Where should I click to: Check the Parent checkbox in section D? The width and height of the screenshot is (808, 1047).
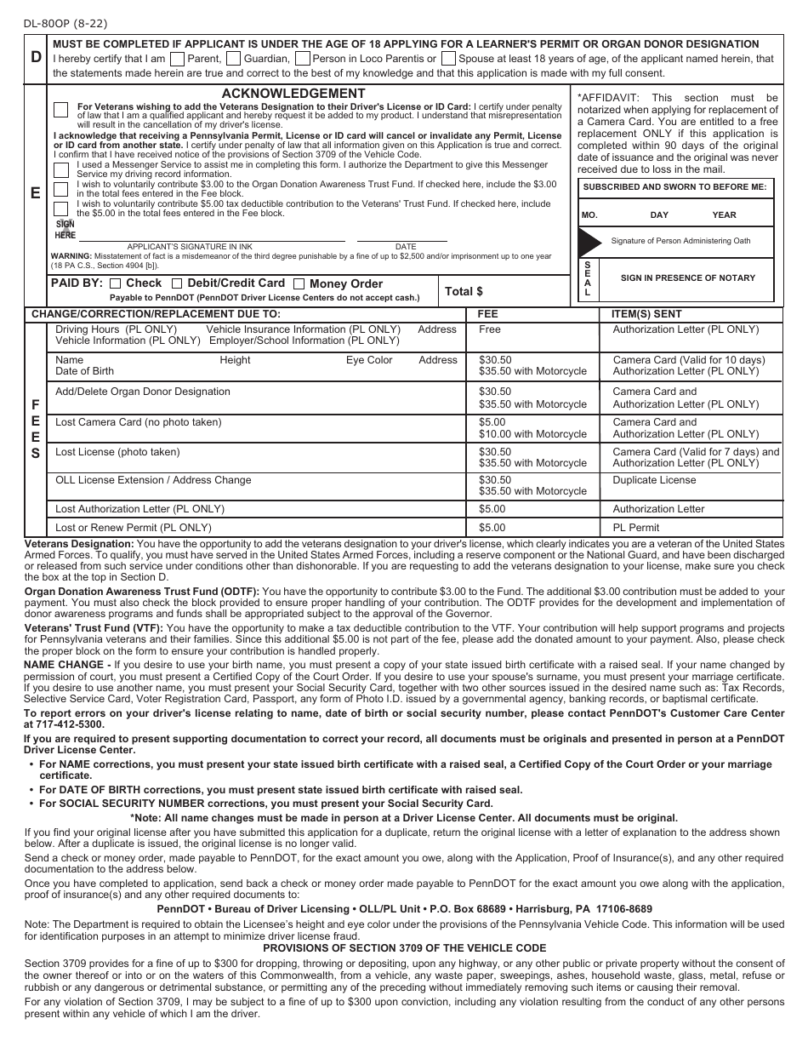coord(178,60)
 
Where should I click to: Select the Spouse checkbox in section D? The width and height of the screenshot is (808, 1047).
coord(447,60)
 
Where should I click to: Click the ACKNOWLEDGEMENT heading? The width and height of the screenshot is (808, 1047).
coord(293,94)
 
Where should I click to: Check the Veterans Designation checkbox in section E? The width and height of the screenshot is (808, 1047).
coord(61,109)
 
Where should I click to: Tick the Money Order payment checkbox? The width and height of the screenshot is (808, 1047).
coord(299,283)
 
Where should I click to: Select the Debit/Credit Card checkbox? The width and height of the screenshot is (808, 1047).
coord(177,283)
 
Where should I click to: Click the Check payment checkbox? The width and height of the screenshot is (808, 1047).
coord(116,283)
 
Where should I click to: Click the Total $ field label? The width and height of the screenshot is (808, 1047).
coord(464,291)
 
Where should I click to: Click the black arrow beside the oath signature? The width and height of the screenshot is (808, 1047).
coord(590,242)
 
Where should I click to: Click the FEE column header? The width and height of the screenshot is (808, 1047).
coord(487,314)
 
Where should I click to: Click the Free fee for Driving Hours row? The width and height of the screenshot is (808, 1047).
coord(490,329)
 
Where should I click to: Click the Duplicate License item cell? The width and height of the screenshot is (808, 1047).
coord(654,480)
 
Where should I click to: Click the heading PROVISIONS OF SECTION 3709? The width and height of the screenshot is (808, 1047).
coord(404,948)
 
